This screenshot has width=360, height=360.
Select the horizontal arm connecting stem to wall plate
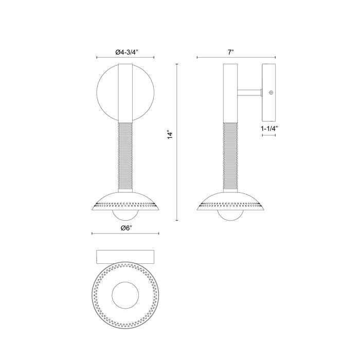[x=249, y=93]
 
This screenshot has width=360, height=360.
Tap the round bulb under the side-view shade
[x=229, y=215]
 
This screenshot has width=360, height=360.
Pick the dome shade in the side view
[x=229, y=201]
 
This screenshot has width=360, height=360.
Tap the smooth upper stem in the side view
[x=229, y=93]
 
